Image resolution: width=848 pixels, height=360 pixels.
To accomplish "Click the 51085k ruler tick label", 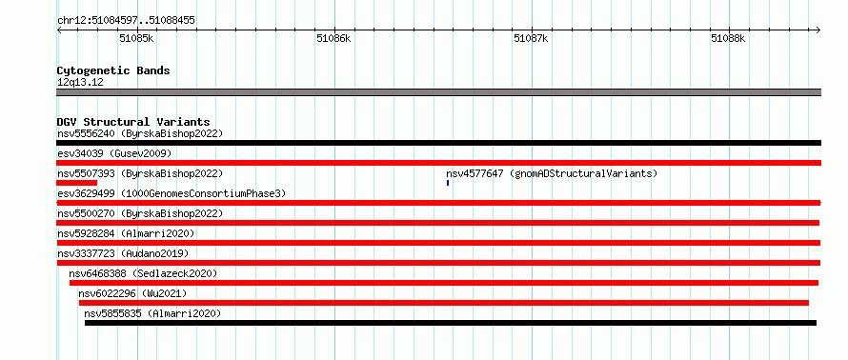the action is pos(136,38).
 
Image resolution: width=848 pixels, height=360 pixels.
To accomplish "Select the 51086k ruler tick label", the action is pos(333,38).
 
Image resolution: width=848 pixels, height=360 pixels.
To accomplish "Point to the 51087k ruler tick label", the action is pos(531,38).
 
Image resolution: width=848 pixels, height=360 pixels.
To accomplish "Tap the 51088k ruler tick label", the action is pos(728,38).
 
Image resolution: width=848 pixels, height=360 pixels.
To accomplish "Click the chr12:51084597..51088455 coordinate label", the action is pos(126,21).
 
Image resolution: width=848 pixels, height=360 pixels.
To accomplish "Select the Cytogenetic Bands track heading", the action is pos(113,70).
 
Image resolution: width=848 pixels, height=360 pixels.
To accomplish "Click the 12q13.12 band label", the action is pos(80,83).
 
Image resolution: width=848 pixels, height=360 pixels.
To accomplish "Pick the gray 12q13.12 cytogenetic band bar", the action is pos(438,92).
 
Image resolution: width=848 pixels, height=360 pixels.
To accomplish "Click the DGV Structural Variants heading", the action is pos(133,122).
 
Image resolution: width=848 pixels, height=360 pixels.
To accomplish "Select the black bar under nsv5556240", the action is pos(438,143).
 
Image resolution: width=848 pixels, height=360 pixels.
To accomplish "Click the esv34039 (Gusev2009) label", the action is pos(114,153).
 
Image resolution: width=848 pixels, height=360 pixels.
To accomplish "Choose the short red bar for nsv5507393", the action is pos(77,183).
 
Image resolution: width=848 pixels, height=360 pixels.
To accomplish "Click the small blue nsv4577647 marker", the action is pos(448,183).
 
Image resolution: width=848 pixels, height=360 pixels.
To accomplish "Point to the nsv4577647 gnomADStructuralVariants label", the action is pos(552,173).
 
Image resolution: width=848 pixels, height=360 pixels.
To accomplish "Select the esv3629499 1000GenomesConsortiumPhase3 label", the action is pos(172,193).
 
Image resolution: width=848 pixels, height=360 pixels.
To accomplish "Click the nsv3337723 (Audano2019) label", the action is pos(123,253).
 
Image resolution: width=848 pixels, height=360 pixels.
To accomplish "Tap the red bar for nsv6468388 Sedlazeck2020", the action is pos(444,283).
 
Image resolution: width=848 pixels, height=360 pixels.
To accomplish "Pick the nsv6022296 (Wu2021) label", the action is pos(132,293).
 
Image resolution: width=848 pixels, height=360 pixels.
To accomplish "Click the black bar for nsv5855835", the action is pos(451,323).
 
